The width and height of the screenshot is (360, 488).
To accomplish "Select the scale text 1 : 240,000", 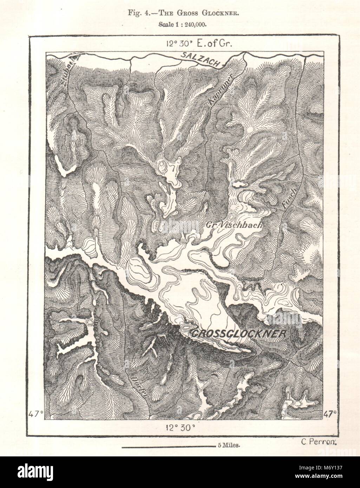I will click(x=188, y=25).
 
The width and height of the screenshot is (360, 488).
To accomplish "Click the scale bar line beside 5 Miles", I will click(x=169, y=446).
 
